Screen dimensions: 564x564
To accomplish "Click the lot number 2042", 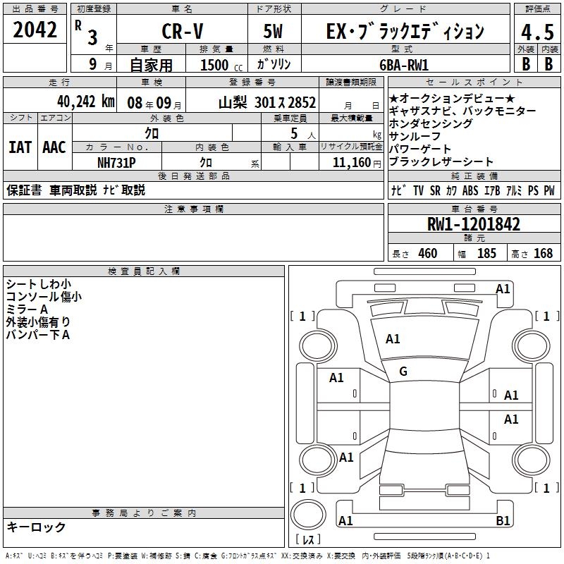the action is pyautogui.click(x=35, y=30).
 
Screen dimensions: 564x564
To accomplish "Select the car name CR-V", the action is pyautogui.click(x=183, y=31).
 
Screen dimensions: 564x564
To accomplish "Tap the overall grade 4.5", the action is pyautogui.click(x=537, y=32).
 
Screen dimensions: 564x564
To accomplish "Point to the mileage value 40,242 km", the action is pyautogui.click(x=86, y=102).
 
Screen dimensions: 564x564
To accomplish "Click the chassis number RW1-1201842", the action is pyautogui.click(x=474, y=224).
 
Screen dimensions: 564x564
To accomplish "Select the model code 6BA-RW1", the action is pyautogui.click(x=404, y=65).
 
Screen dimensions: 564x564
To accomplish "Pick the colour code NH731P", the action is pyautogui.click(x=116, y=163).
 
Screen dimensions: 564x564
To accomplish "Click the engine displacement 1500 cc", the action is pyautogui.click(x=221, y=65).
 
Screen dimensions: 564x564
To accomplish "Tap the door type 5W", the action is pyautogui.click(x=273, y=31).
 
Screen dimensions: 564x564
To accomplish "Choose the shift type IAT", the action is pyautogui.click(x=20, y=147).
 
